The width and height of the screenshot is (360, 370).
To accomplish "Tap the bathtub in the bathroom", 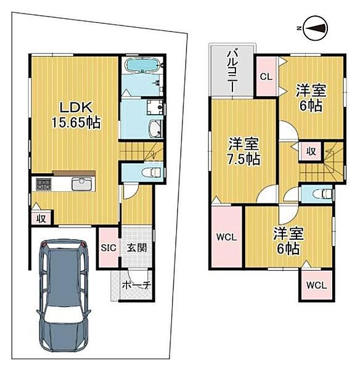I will point(142,67).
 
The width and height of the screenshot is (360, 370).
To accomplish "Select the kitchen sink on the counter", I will point(82,184).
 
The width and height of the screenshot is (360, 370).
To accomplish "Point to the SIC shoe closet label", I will point(109,247).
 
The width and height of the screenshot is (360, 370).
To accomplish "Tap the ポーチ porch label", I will point(137,286).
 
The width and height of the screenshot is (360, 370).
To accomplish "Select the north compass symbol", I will point(314,28).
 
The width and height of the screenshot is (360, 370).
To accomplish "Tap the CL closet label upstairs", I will point(266,77).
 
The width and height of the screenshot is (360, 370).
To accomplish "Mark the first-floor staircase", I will point(141,150).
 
